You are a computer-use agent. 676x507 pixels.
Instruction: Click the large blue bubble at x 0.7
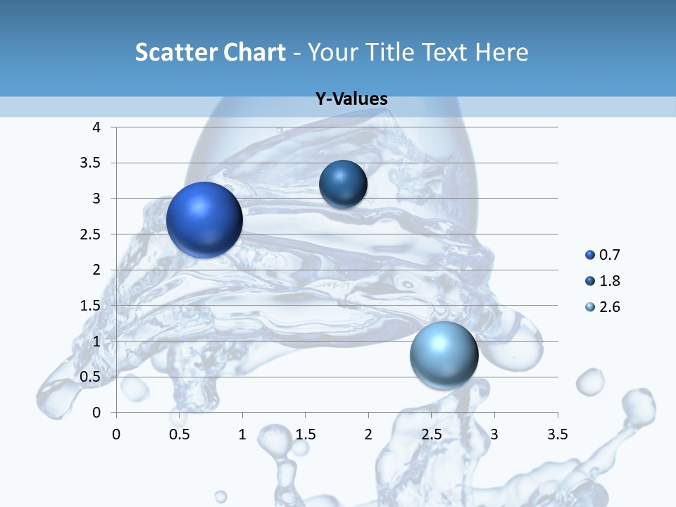coord(204,220)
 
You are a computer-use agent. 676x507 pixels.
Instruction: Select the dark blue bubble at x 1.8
coord(343,184)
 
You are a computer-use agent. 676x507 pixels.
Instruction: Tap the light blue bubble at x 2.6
coord(444,354)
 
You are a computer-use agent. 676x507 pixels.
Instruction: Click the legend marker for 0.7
coord(590,255)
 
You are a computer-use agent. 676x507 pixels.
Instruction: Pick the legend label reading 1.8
coord(609,281)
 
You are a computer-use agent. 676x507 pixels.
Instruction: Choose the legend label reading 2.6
coord(609,307)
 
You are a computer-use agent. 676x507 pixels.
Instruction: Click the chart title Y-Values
coord(351,99)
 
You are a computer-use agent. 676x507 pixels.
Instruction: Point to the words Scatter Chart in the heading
coord(211,52)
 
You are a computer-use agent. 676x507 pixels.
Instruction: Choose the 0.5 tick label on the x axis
coord(180,434)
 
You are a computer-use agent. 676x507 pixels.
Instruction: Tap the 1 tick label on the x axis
coord(242,434)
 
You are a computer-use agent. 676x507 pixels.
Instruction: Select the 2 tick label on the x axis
coord(368,434)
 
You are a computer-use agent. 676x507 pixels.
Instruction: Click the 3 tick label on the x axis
coord(494,434)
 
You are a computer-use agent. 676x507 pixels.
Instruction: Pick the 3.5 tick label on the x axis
coord(557,434)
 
